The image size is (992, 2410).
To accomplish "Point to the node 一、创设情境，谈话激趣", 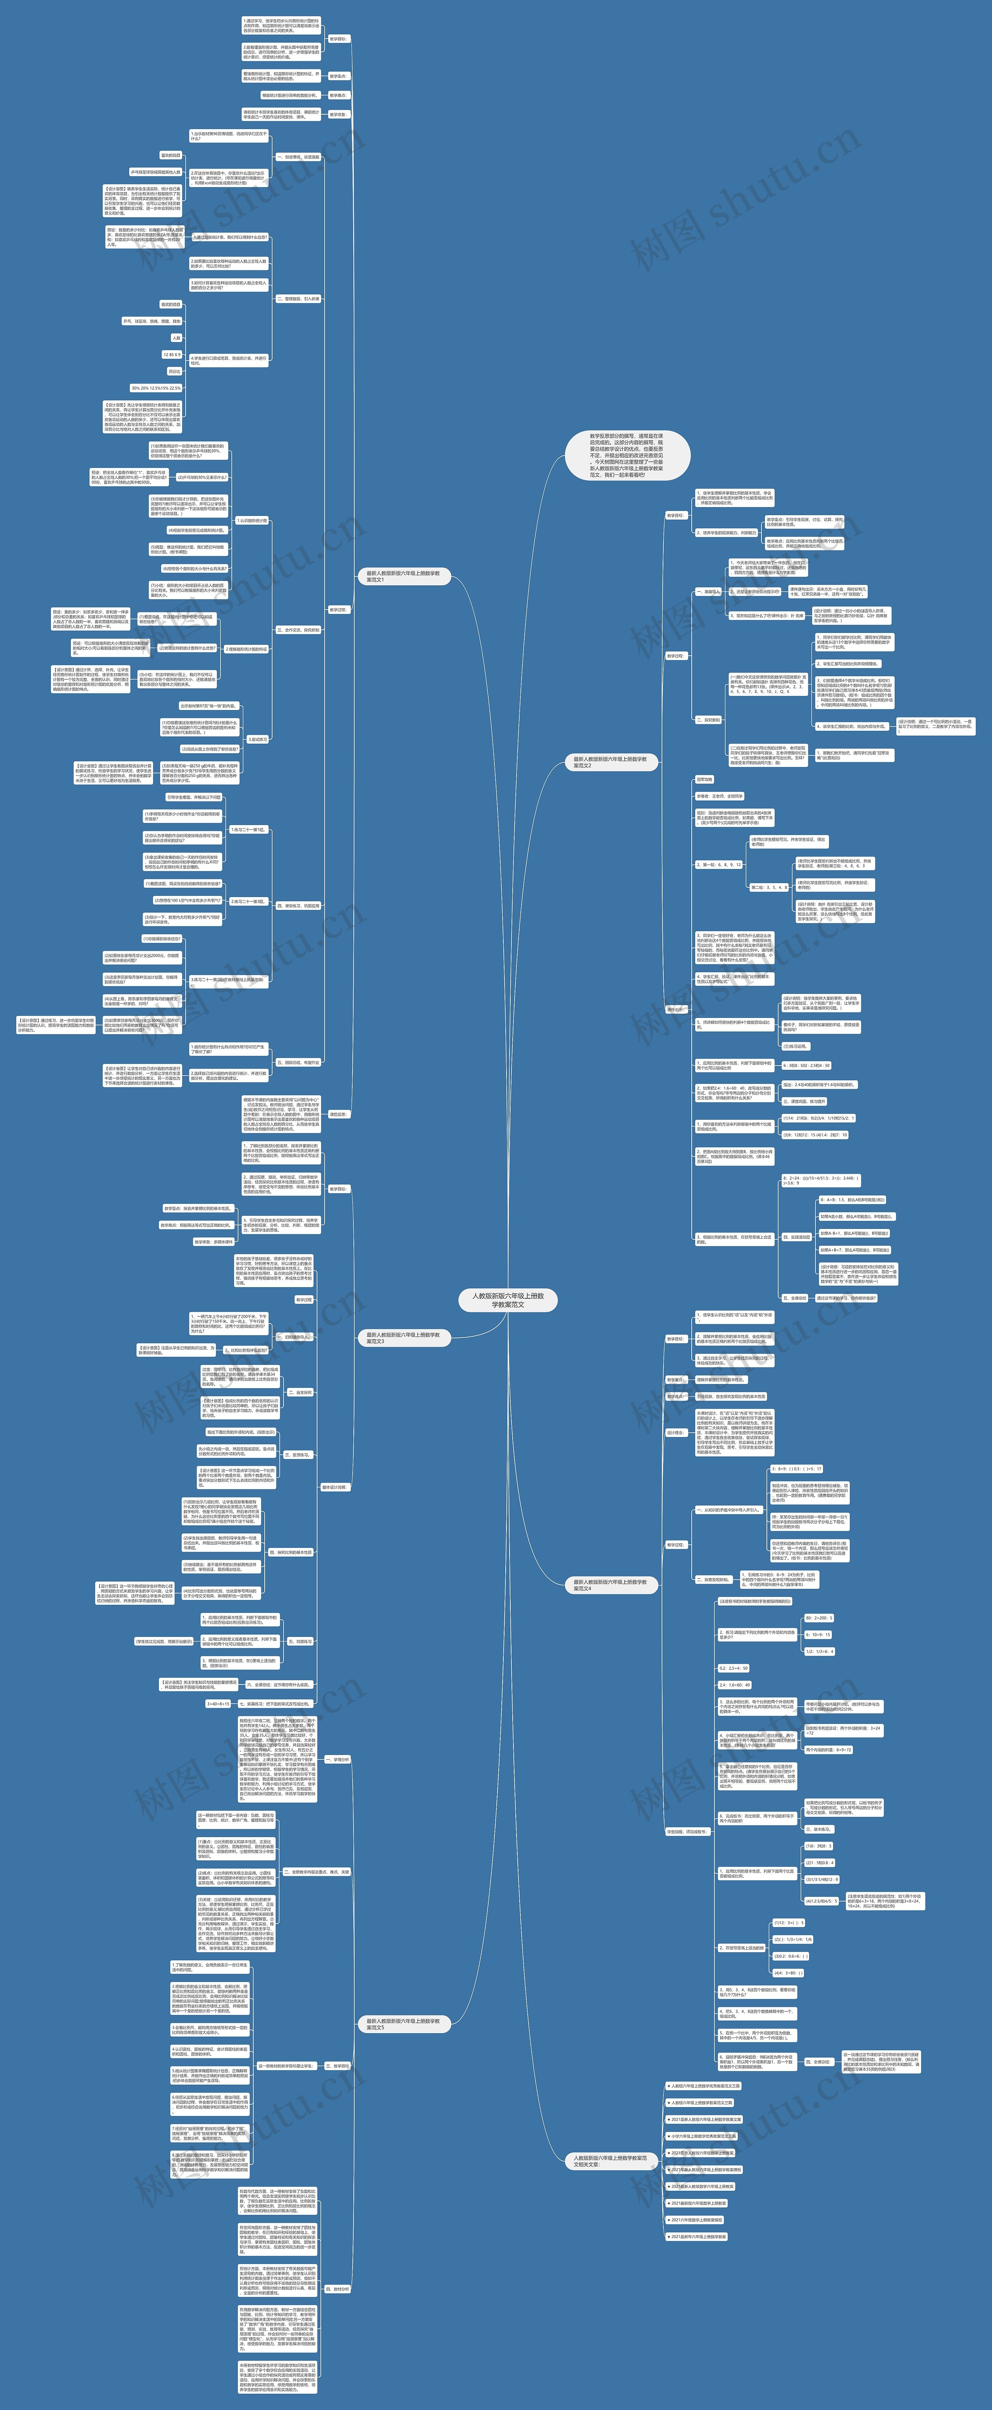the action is click(x=298, y=157).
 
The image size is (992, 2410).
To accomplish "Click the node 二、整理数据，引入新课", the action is click(x=298, y=299).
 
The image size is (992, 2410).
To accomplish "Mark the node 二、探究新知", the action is click(x=708, y=719).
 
